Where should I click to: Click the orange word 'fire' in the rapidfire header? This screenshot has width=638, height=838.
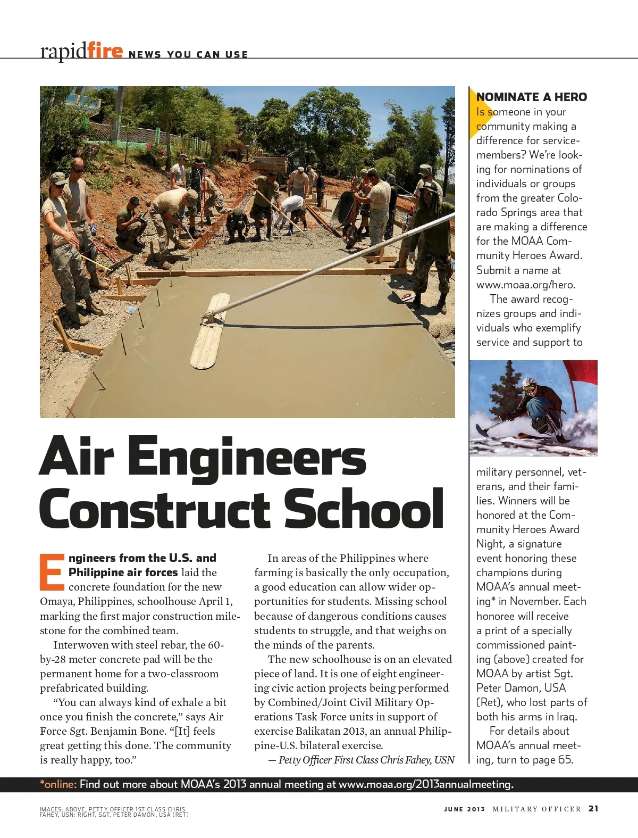click(x=105, y=51)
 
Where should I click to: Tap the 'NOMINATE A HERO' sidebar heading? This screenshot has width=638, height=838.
click(x=532, y=97)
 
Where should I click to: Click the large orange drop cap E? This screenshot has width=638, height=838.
click(x=52, y=573)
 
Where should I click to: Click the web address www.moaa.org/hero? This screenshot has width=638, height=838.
click(x=526, y=285)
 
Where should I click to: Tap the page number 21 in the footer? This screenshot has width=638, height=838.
click(x=593, y=809)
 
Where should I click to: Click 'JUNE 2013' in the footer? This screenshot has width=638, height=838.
click(x=464, y=809)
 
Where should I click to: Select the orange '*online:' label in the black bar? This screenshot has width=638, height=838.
click(x=58, y=784)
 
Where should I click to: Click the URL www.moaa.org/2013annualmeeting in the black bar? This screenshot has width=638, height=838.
click(x=425, y=784)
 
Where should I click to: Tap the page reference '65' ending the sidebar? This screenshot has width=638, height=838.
click(x=565, y=760)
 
